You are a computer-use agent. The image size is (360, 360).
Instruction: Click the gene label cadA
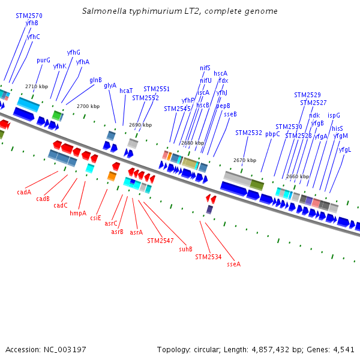(x=24, y=193)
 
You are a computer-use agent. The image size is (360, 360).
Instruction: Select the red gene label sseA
(x=233, y=263)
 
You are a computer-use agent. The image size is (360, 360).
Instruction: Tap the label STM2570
(x=29, y=16)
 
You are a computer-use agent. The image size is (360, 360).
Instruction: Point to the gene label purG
(x=44, y=60)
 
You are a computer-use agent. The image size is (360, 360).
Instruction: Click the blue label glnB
(x=95, y=80)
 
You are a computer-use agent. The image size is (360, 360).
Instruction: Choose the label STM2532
(x=248, y=133)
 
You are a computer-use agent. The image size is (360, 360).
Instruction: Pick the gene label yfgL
(x=345, y=149)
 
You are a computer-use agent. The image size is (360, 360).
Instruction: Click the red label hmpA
(x=78, y=213)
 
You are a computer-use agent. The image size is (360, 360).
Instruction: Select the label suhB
(x=185, y=248)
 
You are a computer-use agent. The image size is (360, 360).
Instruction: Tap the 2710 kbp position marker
(x=37, y=86)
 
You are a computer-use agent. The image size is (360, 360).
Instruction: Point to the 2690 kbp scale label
(x=140, y=125)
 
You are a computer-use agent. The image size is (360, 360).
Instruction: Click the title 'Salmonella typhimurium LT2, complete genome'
(x=179, y=11)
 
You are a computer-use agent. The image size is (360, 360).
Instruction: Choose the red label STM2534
(x=208, y=257)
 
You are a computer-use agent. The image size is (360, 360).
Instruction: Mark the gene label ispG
(x=334, y=115)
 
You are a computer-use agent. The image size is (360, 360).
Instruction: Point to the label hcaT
(x=126, y=91)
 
